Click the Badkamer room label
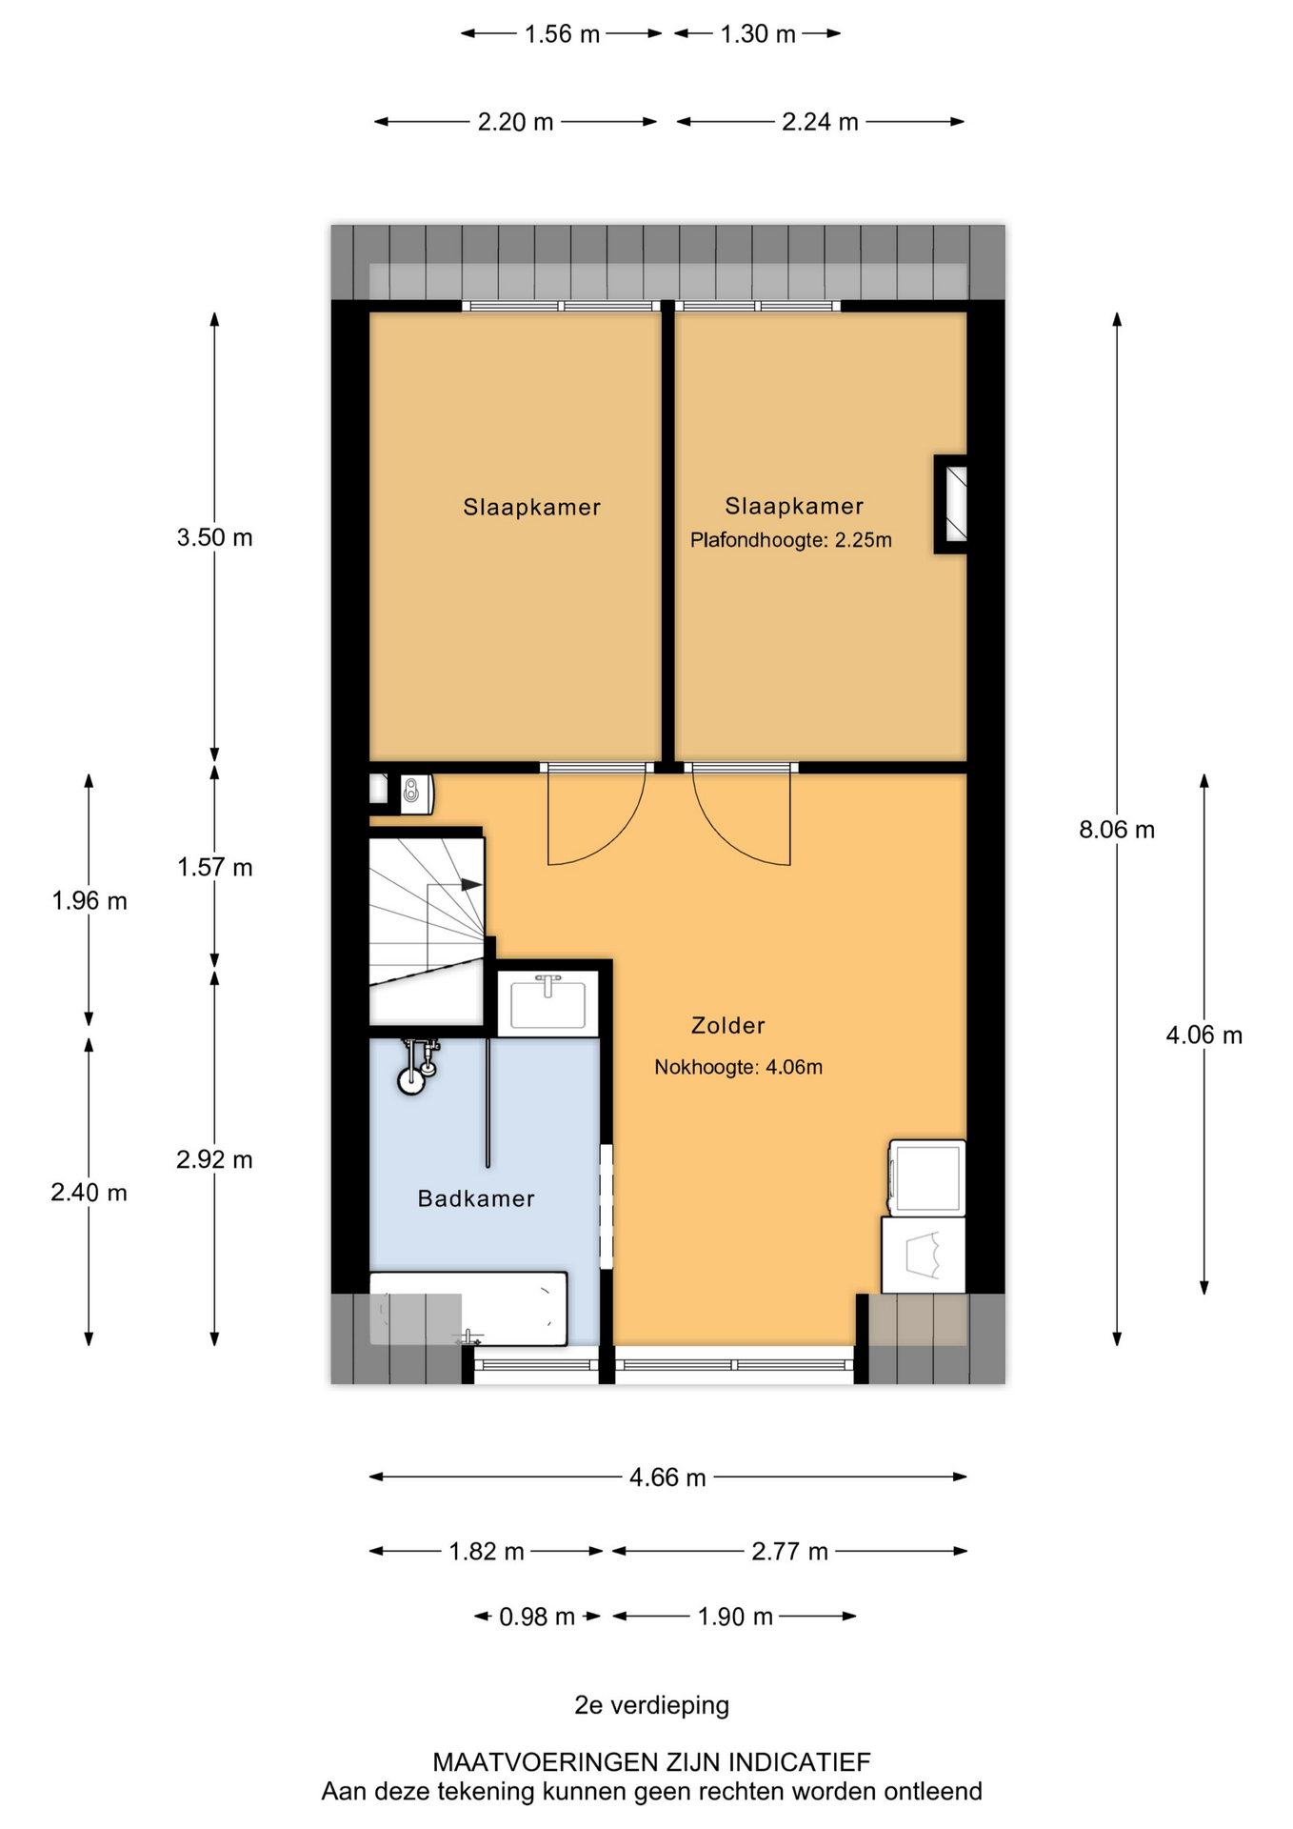coord(476,1198)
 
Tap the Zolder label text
coord(728,1026)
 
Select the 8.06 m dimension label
coord(1117,830)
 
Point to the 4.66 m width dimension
coord(667,1477)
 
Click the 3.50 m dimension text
coord(214,537)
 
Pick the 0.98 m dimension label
coord(537,1617)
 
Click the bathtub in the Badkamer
coord(468,1309)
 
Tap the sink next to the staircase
coord(547,1003)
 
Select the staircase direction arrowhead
coord(471,885)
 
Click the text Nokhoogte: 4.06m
coord(738,1068)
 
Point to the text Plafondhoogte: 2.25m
coord(791,540)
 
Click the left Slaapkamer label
coord(532,507)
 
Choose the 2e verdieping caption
coord(651,1705)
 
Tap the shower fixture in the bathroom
coord(417,1067)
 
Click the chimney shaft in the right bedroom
coord(951,504)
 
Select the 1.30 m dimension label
coord(758,34)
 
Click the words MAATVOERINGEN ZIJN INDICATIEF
coord(651,1762)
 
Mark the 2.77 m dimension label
coord(789,1552)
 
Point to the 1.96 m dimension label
coord(90,901)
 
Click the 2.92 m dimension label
coord(214,1159)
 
